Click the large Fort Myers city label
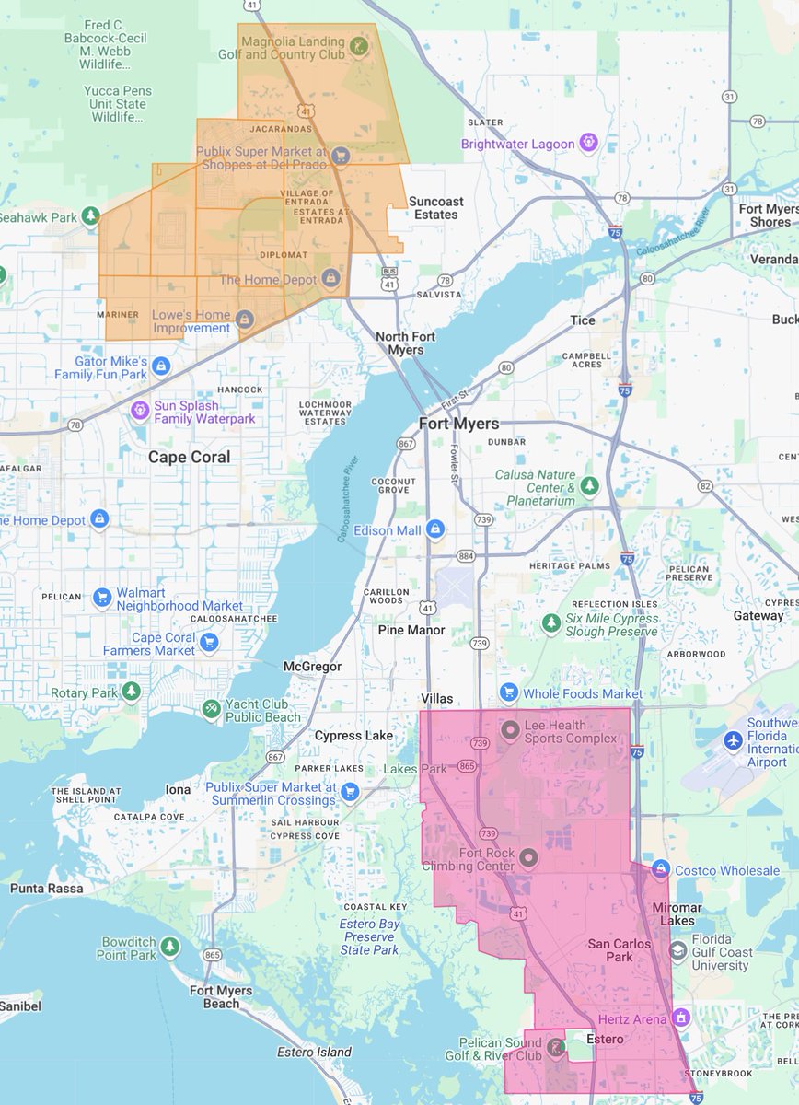click(458, 424)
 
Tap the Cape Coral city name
click(190, 458)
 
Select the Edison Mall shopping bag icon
click(434, 530)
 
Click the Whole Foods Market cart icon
click(508, 692)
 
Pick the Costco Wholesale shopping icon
click(660, 870)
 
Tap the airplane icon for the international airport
click(734, 739)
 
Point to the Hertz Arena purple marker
click(680, 1018)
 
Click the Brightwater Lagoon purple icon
click(589, 143)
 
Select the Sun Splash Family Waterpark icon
click(139, 410)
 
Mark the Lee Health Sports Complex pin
click(509, 730)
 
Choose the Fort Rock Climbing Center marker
click(527, 858)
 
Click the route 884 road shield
click(466, 555)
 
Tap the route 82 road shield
click(705, 485)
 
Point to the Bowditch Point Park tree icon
click(169, 947)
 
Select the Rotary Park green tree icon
click(132, 692)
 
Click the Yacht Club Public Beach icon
click(211, 709)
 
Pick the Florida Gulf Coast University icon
click(678, 950)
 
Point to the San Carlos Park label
click(619, 950)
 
